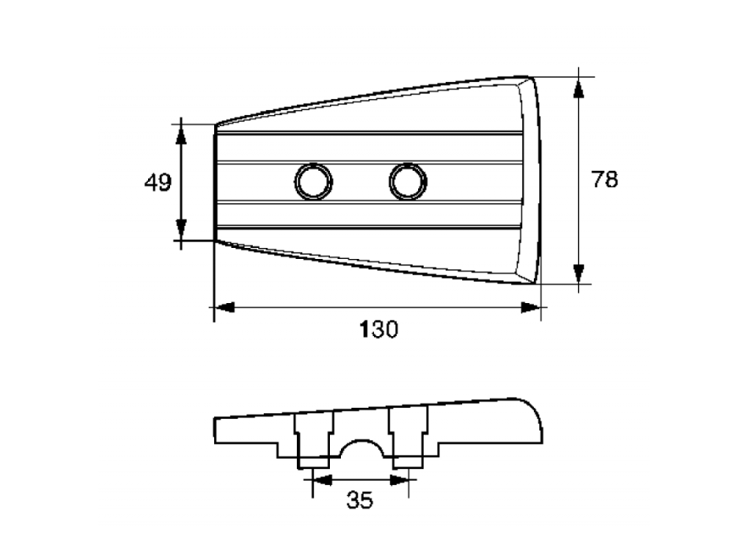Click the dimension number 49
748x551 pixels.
click(158, 183)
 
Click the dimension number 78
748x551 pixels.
click(605, 179)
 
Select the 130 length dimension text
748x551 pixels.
click(378, 329)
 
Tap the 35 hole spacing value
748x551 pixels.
click(360, 500)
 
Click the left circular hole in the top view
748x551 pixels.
click(313, 182)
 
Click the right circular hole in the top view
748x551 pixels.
click(408, 182)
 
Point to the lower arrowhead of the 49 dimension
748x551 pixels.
click(181, 229)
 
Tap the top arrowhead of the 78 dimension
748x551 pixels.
click(579, 89)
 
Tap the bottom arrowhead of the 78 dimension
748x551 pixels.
click(579, 274)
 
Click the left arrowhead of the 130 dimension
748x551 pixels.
click(224, 307)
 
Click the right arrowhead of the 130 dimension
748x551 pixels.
click(531, 307)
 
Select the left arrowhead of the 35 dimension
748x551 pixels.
click(322, 480)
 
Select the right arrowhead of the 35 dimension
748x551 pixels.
click(399, 480)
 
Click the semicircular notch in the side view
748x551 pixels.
click(361, 449)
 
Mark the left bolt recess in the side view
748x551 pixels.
click(313, 439)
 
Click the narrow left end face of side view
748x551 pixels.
click(215, 431)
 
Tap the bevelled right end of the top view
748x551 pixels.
click(530, 180)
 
